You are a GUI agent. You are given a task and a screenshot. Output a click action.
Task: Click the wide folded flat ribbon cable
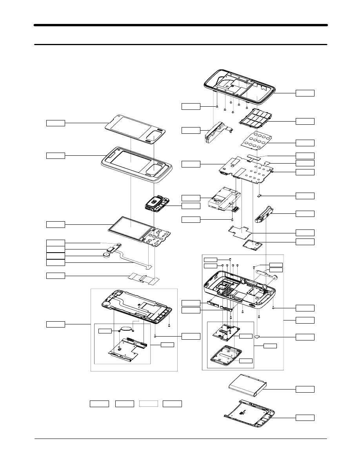[144, 279]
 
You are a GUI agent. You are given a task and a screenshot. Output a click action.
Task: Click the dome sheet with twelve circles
[257, 141]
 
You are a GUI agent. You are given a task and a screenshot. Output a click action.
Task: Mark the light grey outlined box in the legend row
[148, 404]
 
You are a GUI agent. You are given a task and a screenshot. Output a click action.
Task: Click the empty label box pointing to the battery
[305, 389]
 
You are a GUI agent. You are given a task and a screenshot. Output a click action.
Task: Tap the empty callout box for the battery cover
[305, 417]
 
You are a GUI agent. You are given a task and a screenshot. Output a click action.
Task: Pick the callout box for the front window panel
[56, 123]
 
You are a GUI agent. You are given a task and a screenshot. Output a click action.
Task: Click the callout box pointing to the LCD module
[56, 224]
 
